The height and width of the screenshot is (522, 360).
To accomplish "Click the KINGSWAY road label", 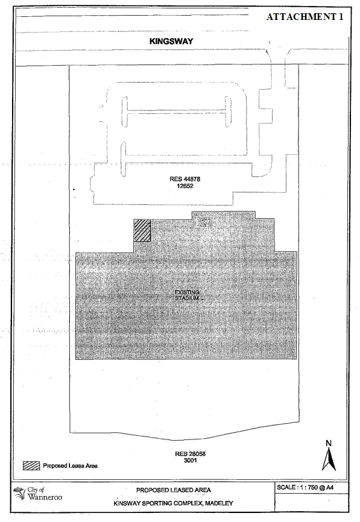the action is click(x=171, y=41).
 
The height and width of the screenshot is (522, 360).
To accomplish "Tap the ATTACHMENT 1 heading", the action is click(x=305, y=17).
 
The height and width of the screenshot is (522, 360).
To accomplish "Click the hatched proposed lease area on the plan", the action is click(x=142, y=230).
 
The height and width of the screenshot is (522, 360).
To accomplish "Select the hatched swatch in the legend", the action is click(x=31, y=465).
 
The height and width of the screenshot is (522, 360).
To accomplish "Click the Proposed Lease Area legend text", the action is click(x=71, y=466).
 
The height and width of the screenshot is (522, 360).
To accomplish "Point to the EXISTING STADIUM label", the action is click(x=187, y=295).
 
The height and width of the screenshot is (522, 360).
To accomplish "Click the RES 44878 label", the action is click(x=185, y=179).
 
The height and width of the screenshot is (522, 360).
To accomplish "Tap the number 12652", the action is click(x=185, y=186).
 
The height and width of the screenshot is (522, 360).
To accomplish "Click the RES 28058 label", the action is click(x=190, y=454).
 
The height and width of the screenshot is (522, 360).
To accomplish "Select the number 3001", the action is click(x=190, y=461).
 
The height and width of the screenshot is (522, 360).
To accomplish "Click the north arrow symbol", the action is click(x=329, y=459).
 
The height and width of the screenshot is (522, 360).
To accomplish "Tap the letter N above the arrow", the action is click(x=329, y=443).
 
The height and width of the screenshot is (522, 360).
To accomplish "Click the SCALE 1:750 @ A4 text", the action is click(x=305, y=488).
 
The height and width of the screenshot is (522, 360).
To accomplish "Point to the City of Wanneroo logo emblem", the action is click(x=19, y=493).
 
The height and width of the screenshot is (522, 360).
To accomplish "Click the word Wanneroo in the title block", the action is click(x=45, y=497).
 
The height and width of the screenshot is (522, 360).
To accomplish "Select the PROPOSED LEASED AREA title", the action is click(x=174, y=490).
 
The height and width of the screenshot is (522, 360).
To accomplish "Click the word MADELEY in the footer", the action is click(x=219, y=503).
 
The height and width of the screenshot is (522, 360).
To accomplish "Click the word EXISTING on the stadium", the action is click(x=187, y=292).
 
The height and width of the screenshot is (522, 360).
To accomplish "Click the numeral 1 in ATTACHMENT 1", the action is click(x=341, y=17).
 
